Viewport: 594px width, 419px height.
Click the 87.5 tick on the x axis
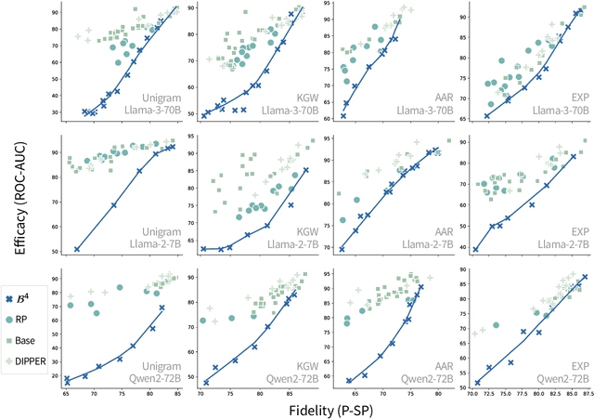click(587, 395)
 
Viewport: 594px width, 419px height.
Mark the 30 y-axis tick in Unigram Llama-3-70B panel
click(54, 112)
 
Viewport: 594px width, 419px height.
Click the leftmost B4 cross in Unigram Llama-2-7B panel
click(77, 249)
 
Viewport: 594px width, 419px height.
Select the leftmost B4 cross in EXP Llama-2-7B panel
click(476, 249)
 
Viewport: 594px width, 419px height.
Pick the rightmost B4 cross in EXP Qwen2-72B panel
click(584, 278)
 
